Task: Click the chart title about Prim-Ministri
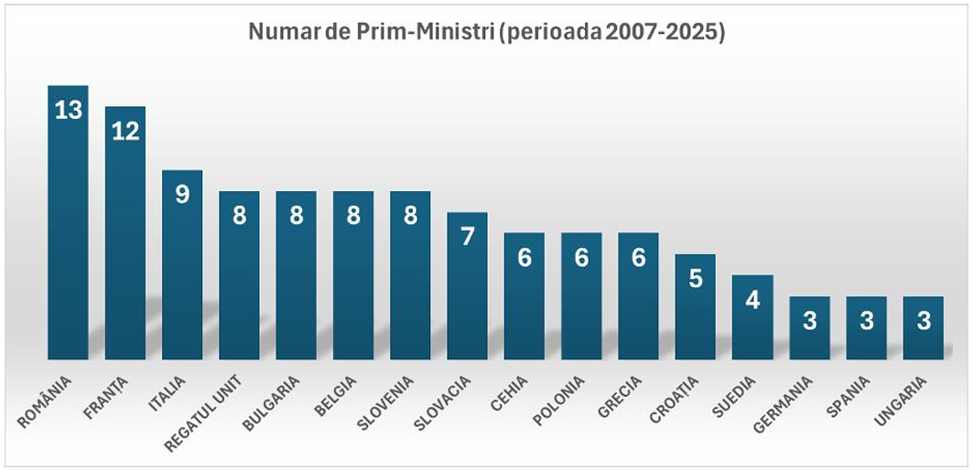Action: click(487, 35)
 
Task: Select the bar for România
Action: click(68, 238)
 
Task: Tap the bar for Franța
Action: click(125, 247)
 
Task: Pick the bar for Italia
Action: click(182, 274)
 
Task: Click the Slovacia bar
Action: click(467, 293)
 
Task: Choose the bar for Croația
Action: click(695, 311)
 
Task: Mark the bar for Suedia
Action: click(752, 320)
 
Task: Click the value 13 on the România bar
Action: click(68, 111)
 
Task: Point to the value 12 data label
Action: click(125, 131)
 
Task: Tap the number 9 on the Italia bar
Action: click(182, 195)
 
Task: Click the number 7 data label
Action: click(467, 236)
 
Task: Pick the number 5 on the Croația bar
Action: click(695, 278)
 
